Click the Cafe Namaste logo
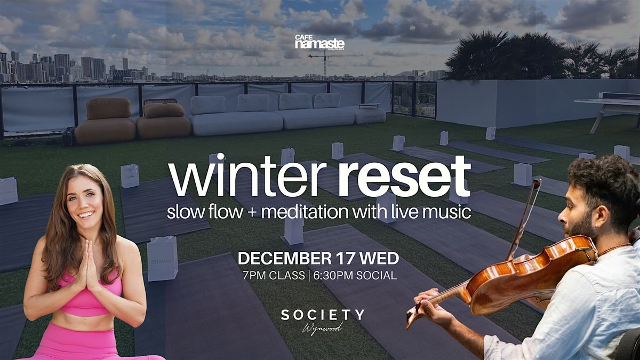[319, 43]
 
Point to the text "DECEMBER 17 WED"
[318, 259]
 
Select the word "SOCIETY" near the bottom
[323, 315]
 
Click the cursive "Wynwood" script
[323, 327]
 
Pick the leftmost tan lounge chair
[105, 123]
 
